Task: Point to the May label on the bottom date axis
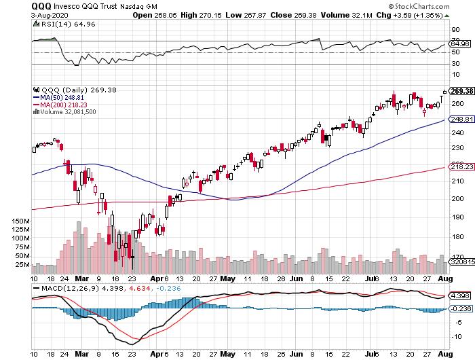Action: click(229, 278)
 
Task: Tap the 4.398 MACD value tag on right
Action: click(461, 296)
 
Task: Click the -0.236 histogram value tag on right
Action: click(461, 308)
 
